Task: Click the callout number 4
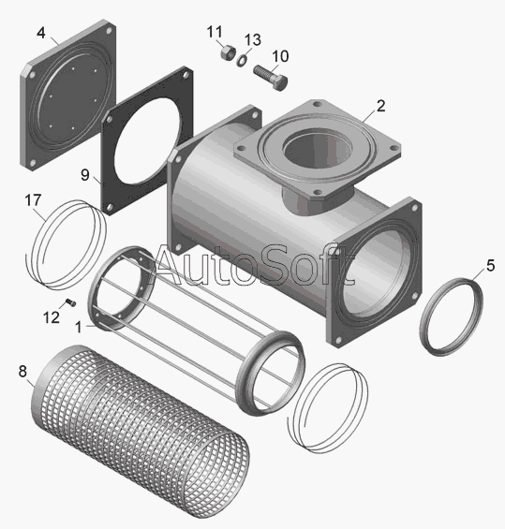(x=41, y=33)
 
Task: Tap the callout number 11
(x=215, y=32)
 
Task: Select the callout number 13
(x=253, y=40)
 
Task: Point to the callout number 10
(x=280, y=56)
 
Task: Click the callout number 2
(x=380, y=106)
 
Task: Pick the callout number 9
(x=85, y=175)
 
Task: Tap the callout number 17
(x=33, y=200)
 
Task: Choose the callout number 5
(x=491, y=266)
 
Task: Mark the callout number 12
(x=52, y=317)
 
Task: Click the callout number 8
(x=22, y=372)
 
